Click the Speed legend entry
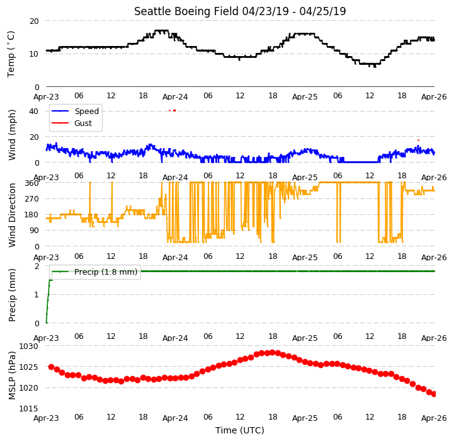(76, 112)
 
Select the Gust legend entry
(72, 123)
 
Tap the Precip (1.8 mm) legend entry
(94, 272)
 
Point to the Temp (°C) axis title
(11, 54)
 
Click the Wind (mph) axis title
(11, 135)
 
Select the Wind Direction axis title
(11, 215)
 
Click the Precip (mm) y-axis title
(11, 295)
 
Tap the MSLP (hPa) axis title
(11, 375)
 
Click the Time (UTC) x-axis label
(240, 430)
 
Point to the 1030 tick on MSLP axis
(29, 346)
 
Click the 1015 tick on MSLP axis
(29, 408)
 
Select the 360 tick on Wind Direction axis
(31, 183)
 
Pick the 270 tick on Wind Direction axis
(31, 199)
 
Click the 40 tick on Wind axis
(33, 112)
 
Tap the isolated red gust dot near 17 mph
(418, 140)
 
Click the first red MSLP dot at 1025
(51, 367)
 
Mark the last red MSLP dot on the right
(434, 394)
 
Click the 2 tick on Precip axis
(37, 266)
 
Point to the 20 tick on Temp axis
(34, 21)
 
